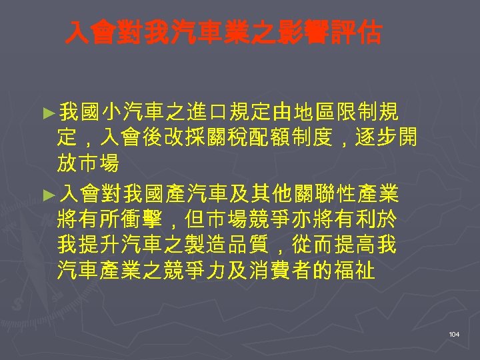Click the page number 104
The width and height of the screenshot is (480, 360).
[x=454, y=333]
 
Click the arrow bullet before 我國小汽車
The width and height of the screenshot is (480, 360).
[x=46, y=111]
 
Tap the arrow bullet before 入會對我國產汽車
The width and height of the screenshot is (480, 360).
[x=46, y=195]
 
